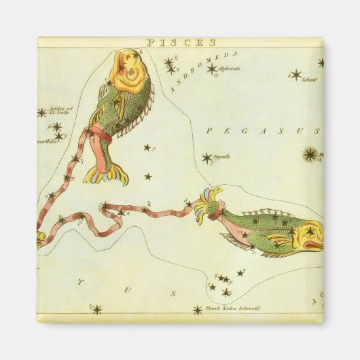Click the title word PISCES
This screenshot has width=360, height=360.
pos(179,43)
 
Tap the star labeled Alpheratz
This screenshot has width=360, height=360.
pos(211,68)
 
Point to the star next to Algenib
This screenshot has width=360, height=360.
pos(206,158)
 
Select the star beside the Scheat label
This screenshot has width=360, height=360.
pos(295,74)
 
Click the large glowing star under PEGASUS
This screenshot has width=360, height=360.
pos(310,155)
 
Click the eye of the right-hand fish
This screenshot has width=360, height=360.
pos(309,231)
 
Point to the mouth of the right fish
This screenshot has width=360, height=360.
pos(319,244)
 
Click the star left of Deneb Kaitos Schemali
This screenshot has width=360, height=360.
pos(197,310)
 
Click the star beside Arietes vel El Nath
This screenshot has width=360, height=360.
pos(41,112)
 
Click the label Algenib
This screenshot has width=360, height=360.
pos(222,156)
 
